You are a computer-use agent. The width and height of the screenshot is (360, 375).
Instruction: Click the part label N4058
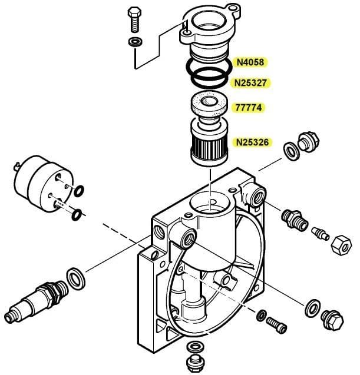pos(250,61)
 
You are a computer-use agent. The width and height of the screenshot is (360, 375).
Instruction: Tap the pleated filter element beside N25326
pos(209,145)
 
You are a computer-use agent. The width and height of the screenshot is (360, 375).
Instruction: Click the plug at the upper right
pos(307,142)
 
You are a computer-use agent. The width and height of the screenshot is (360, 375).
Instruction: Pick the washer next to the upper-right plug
pos(290,151)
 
